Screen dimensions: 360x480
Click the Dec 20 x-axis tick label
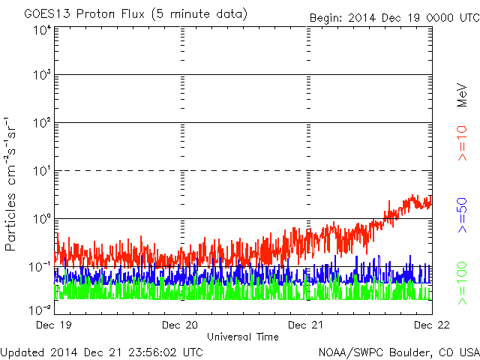180,325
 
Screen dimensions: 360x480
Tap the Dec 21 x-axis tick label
307,325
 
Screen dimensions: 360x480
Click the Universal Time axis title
242,337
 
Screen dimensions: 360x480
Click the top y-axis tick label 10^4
42,31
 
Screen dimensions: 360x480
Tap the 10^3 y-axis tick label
42,75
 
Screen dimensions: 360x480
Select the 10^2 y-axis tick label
42,123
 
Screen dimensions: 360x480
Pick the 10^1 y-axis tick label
42,170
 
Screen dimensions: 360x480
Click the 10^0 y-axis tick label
42,218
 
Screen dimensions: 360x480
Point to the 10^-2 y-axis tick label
40,308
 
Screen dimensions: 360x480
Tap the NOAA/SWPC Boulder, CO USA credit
398,352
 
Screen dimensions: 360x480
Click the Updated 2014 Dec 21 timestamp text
102,352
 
